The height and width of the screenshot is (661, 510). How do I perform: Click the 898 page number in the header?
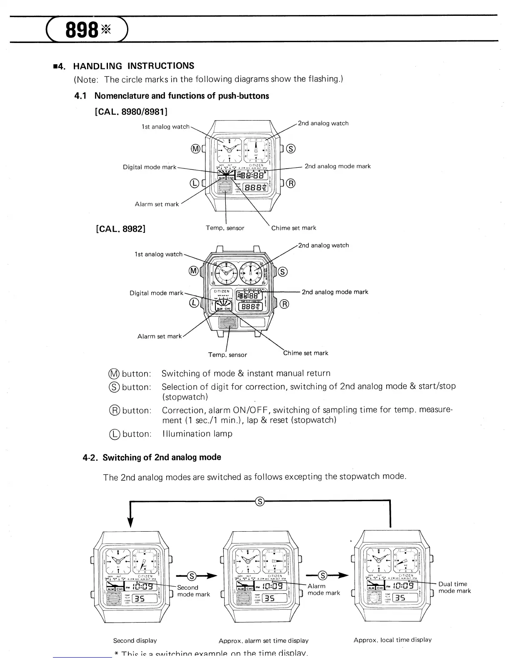pyautogui.click(x=82, y=29)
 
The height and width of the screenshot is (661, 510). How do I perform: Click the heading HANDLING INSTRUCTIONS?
pyautogui.click(x=133, y=66)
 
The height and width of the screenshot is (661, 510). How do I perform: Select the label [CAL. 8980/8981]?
pyautogui.click(x=131, y=111)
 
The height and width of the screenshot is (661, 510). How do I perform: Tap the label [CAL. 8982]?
pyautogui.click(x=120, y=229)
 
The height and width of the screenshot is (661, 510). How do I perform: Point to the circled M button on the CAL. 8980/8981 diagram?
pyautogui.click(x=195, y=149)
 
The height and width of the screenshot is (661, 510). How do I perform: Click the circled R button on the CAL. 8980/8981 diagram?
pyautogui.click(x=291, y=183)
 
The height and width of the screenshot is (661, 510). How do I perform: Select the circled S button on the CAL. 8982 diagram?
pyautogui.click(x=282, y=272)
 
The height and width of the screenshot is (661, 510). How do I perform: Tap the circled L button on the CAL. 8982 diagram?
pyautogui.click(x=194, y=303)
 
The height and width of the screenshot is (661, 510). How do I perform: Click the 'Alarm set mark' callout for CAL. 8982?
pyautogui.click(x=160, y=336)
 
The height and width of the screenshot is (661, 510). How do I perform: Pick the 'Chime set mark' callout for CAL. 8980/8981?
pyautogui.click(x=293, y=228)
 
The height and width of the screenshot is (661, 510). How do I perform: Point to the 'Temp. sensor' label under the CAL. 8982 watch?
pyautogui.click(x=227, y=355)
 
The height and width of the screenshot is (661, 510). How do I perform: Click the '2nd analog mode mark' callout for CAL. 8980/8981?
pyautogui.click(x=337, y=166)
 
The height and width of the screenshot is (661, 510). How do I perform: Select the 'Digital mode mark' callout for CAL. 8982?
pyautogui.click(x=156, y=293)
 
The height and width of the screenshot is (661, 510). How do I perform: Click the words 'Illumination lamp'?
pyautogui.click(x=197, y=434)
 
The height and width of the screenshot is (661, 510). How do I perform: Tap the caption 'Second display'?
pyautogui.click(x=135, y=640)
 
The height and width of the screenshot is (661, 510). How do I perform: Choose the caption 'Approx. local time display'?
pyautogui.click(x=392, y=640)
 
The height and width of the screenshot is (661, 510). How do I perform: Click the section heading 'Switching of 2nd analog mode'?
pyautogui.click(x=162, y=457)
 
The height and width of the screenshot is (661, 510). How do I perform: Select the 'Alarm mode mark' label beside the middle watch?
pyautogui.click(x=323, y=589)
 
